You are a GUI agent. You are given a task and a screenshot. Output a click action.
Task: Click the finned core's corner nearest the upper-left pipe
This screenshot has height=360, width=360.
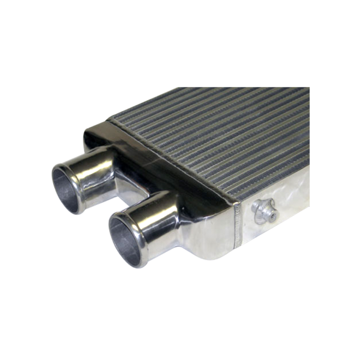point(111,120)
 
